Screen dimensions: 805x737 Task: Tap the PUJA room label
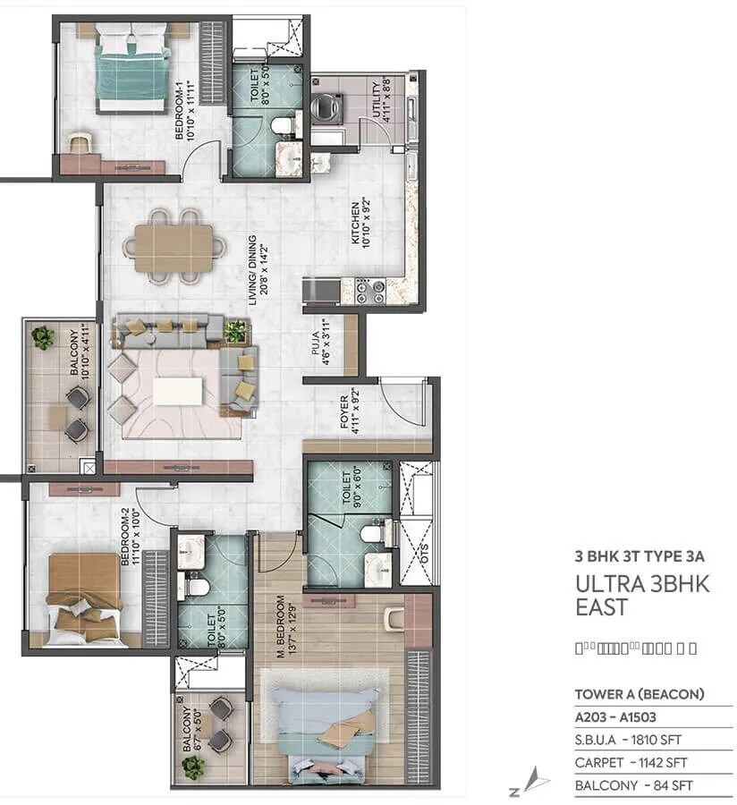click(x=320, y=343)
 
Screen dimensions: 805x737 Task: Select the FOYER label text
click(x=350, y=408)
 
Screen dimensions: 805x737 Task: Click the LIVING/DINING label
click(x=258, y=271)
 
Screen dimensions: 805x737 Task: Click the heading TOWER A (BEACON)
click(x=640, y=693)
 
